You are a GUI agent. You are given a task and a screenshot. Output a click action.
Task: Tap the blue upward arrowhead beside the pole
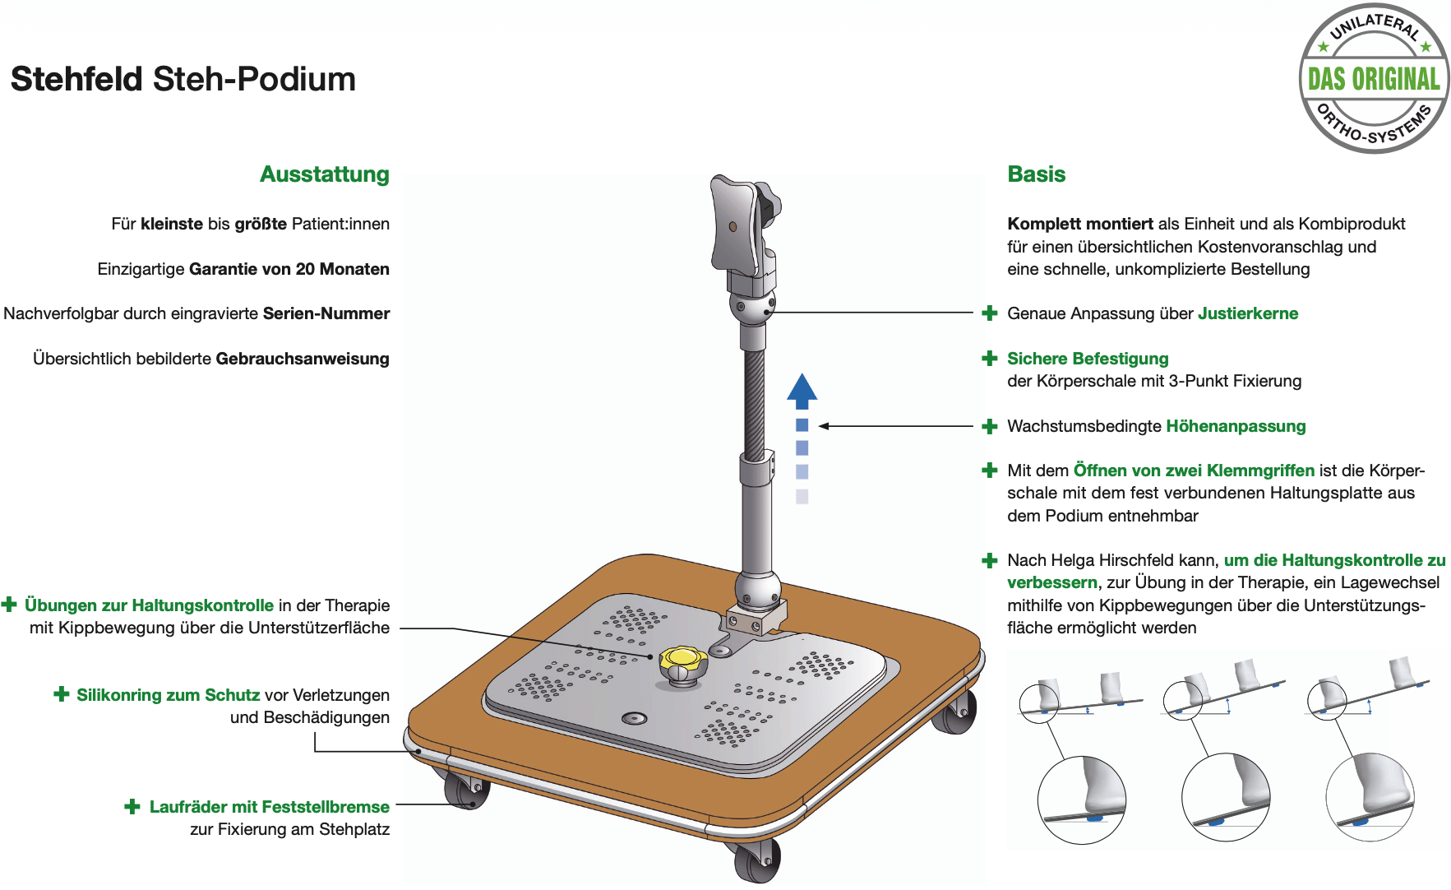pyautogui.click(x=802, y=392)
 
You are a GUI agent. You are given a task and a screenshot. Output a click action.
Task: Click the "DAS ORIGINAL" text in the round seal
pyautogui.click(x=1374, y=79)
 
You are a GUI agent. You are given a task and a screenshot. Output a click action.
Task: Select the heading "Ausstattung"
pyautogui.click(x=325, y=174)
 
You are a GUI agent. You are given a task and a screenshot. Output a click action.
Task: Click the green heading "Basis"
pyautogui.click(x=1037, y=174)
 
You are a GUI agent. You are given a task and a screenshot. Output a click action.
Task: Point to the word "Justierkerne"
pyautogui.click(x=1248, y=313)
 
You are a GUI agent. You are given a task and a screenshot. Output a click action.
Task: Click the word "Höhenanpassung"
pyautogui.click(x=1236, y=426)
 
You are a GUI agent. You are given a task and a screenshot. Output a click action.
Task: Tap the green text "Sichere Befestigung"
pyautogui.click(x=1088, y=359)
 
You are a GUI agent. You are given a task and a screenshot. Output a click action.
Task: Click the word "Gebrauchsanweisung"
pyautogui.click(x=303, y=359)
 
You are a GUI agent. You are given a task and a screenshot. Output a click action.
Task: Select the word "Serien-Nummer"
pyautogui.click(x=326, y=313)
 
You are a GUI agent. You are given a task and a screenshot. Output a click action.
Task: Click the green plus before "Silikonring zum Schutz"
pyautogui.click(x=62, y=694)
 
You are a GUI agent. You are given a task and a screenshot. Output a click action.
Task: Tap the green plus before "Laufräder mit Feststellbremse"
pyautogui.click(x=132, y=806)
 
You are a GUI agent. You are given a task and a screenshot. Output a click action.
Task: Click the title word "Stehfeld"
pyautogui.click(x=76, y=79)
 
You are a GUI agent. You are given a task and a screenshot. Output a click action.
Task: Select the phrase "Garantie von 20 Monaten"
pyautogui.click(x=289, y=269)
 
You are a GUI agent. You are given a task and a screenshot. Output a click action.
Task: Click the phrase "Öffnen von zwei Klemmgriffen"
pyautogui.click(x=1194, y=470)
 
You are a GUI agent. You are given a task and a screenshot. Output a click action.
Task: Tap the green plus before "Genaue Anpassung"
pyautogui.click(x=990, y=313)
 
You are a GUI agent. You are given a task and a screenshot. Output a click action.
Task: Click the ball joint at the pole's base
pyautogui.click(x=757, y=588)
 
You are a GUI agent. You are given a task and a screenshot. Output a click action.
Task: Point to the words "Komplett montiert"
pyautogui.click(x=1080, y=224)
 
